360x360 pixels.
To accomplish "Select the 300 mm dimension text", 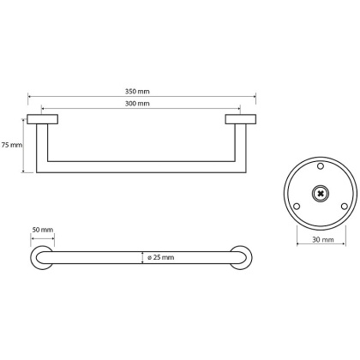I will (x=143, y=103).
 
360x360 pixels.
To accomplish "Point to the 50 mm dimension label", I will (x=42, y=231).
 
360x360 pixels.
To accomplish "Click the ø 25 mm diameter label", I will (x=160, y=257).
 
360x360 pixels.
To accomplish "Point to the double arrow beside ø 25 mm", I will (x=141, y=257).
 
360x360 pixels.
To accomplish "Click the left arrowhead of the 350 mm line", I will (x=30, y=95).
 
